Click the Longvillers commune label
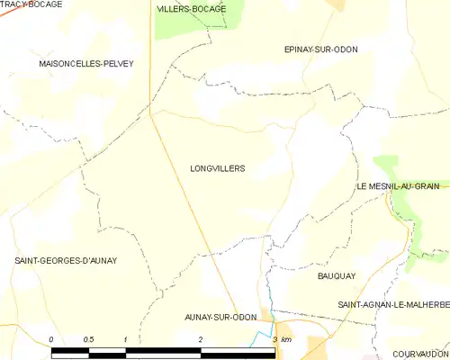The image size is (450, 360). pos(218,168)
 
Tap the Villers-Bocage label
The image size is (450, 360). pos(191,8)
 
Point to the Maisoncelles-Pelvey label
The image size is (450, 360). pos(86,64)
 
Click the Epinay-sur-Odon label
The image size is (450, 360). pos(320,49)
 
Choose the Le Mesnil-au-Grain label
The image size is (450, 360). pos(397,186)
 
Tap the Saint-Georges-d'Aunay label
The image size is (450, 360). pos(66,260)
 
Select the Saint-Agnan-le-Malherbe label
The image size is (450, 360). pos(392,305)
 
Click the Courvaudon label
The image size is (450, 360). pos(420,355)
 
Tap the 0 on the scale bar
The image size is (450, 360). pos(51,339)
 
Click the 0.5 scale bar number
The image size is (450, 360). pos(88,339)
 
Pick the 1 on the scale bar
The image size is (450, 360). pos(126,339)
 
